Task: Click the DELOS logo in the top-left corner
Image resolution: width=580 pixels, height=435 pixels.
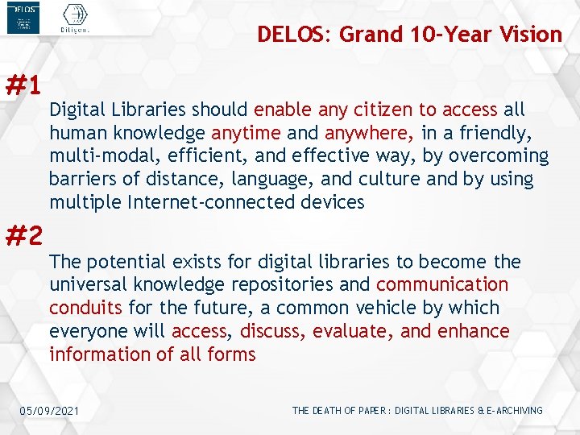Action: [x=23, y=19]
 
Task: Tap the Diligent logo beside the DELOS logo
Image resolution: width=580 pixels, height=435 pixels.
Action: [x=75, y=19]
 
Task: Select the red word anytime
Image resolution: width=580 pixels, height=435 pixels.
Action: [x=246, y=133]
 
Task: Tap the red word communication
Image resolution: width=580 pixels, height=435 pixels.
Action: [x=442, y=285]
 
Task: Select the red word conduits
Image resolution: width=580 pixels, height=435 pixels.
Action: [x=84, y=309]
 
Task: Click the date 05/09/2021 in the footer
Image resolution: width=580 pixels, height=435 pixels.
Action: [x=50, y=412]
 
